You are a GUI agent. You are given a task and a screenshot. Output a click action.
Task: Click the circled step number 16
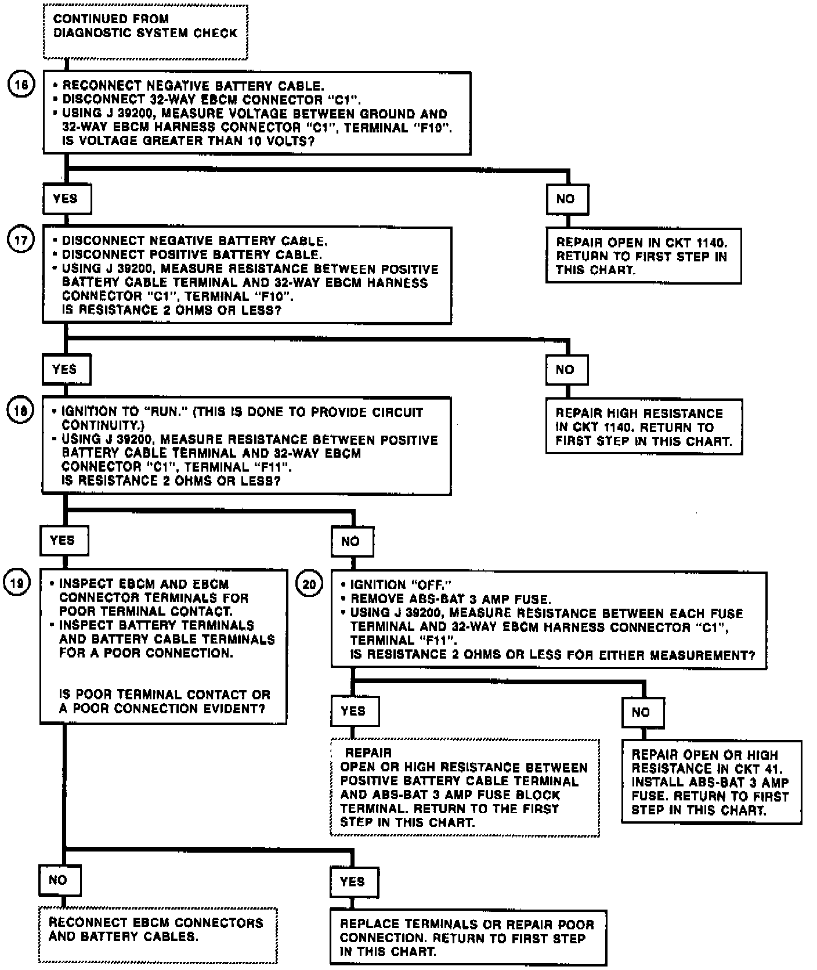click(21, 85)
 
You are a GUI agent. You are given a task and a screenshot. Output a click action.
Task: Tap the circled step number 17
click(20, 240)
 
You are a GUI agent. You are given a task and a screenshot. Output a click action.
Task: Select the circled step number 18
click(20, 411)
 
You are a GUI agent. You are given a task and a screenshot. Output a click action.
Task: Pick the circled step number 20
click(309, 584)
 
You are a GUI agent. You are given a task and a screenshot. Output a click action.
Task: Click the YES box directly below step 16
click(67, 199)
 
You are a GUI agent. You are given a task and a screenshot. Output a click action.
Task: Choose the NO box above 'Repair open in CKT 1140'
click(567, 199)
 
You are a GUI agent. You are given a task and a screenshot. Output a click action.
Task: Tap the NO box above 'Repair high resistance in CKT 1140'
click(566, 369)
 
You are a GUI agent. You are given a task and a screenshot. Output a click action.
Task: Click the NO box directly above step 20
click(352, 541)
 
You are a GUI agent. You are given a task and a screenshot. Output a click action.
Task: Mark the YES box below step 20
click(354, 711)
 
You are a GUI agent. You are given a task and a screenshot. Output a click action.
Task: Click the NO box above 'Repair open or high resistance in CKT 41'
click(642, 712)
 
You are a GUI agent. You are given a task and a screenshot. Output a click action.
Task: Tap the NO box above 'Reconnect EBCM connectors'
click(59, 880)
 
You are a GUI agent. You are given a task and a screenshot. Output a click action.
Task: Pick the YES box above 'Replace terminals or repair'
click(354, 882)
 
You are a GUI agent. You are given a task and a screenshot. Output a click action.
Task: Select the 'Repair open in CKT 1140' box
click(643, 256)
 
